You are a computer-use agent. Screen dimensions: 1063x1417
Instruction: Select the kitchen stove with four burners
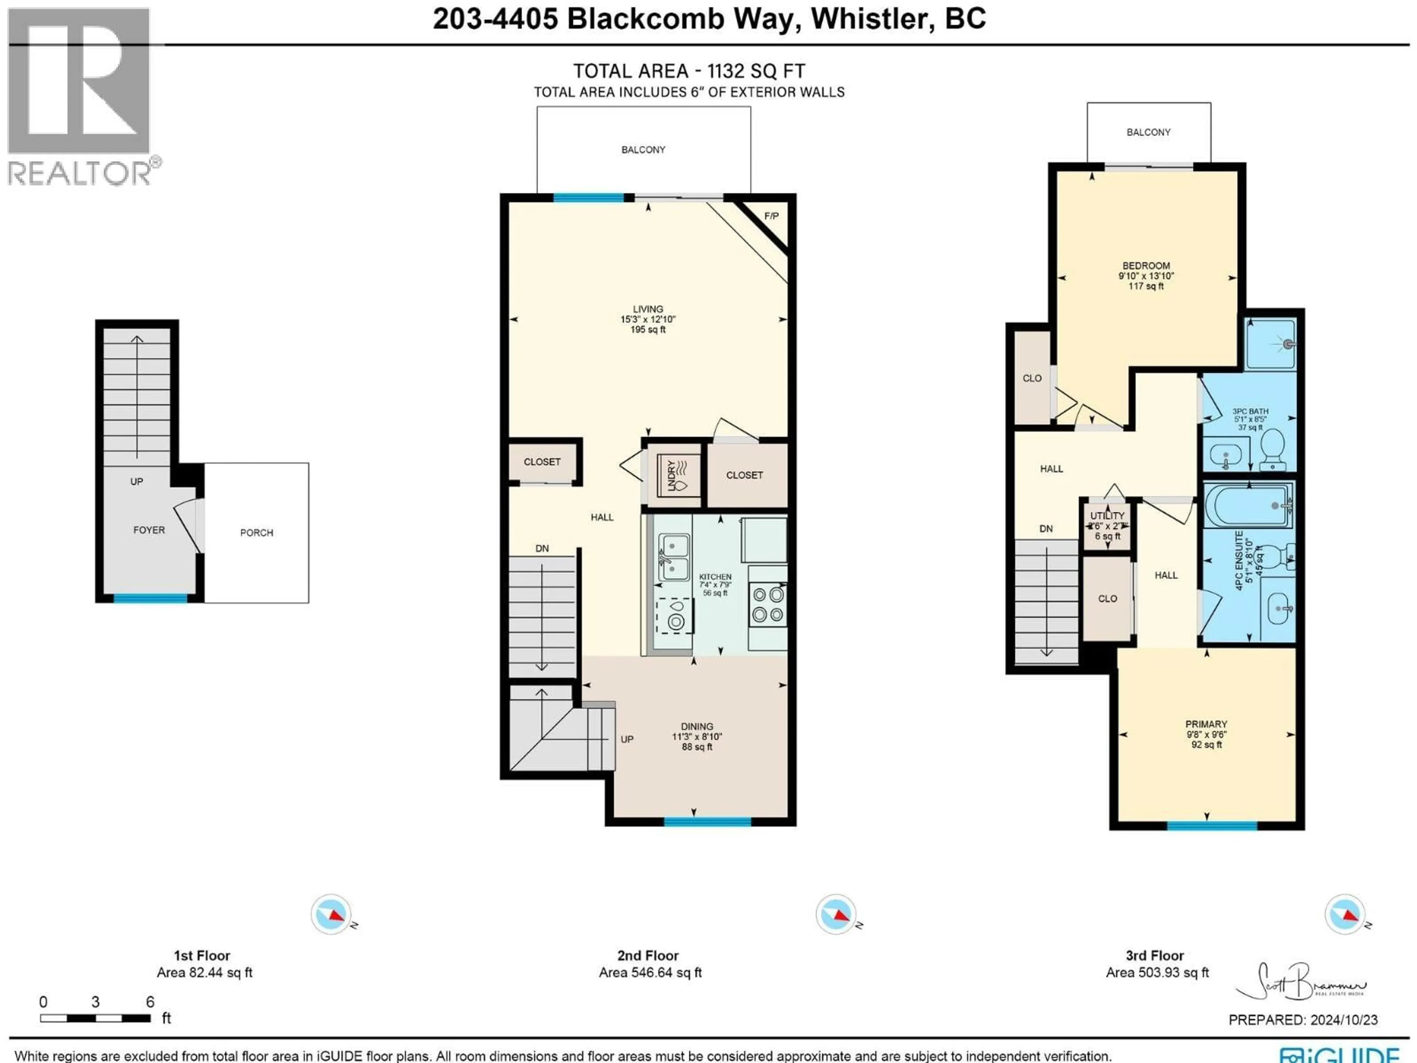(768, 605)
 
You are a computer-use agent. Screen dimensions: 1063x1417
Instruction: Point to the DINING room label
(697, 727)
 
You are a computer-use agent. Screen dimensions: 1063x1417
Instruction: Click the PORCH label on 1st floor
(256, 533)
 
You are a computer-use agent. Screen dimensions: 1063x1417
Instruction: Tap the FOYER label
(149, 530)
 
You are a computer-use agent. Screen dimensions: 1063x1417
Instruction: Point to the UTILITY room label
(1107, 516)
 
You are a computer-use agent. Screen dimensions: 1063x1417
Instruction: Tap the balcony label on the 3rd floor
(1148, 132)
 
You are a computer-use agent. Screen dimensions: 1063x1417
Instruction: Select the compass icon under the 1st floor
(331, 914)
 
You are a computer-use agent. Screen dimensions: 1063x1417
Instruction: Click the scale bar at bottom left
(95, 1018)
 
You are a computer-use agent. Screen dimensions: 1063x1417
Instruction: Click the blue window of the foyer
(151, 598)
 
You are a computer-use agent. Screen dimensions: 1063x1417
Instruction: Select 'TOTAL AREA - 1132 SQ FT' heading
(689, 71)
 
